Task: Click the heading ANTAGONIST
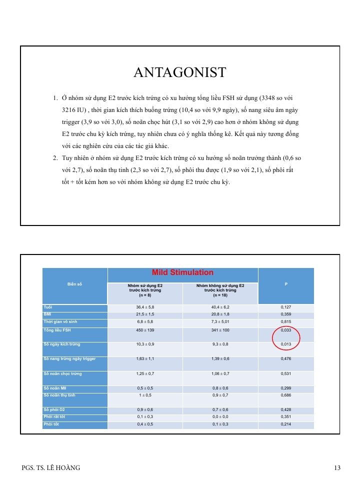pyautogui.click(x=180, y=72)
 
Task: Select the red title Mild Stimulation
pyautogui.click(x=182, y=273)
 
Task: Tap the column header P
pyautogui.click(x=286, y=284)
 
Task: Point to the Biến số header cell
pyautogui.click(x=74, y=284)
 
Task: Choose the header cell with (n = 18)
pyautogui.click(x=220, y=290)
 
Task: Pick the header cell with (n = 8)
pyautogui.click(x=145, y=290)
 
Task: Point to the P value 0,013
pyautogui.click(x=286, y=344)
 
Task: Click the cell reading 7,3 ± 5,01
pyautogui.click(x=220, y=322)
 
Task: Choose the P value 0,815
pyautogui.click(x=286, y=322)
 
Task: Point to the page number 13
pyautogui.click(x=337, y=468)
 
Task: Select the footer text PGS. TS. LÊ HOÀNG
pyautogui.click(x=51, y=468)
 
